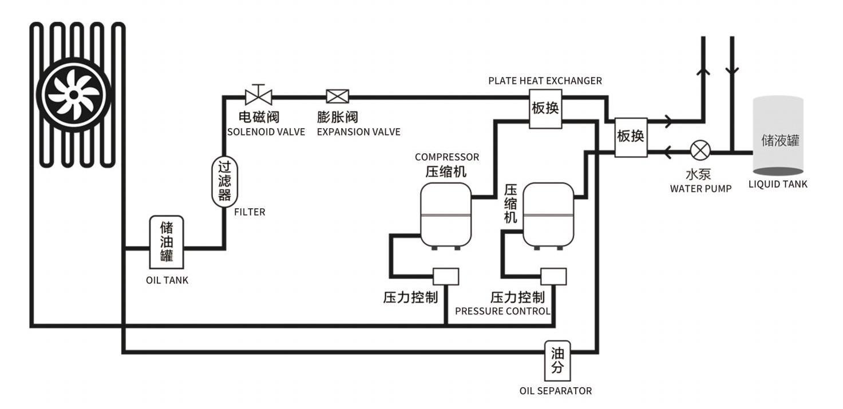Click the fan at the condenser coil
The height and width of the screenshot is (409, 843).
pos(73,95)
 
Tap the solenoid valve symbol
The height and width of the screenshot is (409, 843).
pos(258,96)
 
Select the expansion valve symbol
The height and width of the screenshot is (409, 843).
pos(338,96)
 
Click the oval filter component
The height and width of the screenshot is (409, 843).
pos(224,182)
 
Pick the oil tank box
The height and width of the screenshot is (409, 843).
pos(167,242)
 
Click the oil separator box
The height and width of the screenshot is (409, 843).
pos(557,360)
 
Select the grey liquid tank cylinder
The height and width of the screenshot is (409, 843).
pos(777,136)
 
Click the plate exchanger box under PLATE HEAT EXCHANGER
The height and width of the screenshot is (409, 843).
pos(545,108)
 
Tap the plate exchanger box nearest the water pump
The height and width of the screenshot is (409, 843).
pos(631,137)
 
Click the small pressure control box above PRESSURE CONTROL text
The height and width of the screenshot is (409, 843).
pos(553,276)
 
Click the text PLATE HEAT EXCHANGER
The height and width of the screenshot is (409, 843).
pos(545,81)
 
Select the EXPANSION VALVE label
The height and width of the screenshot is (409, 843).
pos(358,132)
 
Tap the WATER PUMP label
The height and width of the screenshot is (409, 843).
pos(700,188)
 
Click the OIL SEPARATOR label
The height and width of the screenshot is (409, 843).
pos(555,391)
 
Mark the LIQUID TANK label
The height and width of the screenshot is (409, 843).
pos(778,184)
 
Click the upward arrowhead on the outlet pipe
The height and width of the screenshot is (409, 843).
pos(703,71)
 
